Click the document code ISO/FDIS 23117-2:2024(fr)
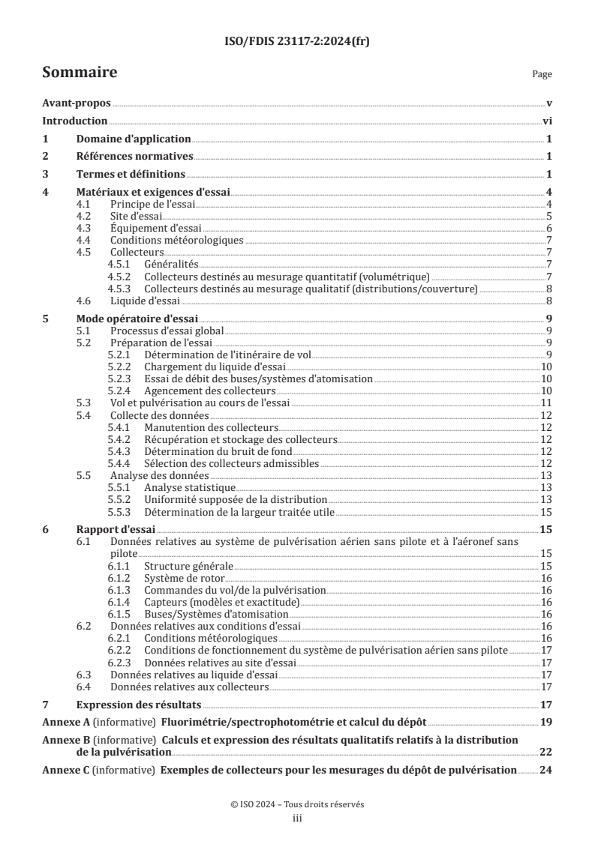(x=297, y=42)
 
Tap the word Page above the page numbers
(x=542, y=75)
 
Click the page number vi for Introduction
(x=548, y=121)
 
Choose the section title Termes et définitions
(x=131, y=175)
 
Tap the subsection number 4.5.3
(x=121, y=289)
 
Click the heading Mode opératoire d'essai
(x=137, y=318)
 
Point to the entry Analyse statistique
(x=184, y=487)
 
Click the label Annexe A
(x=65, y=722)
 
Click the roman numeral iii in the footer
(x=297, y=819)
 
